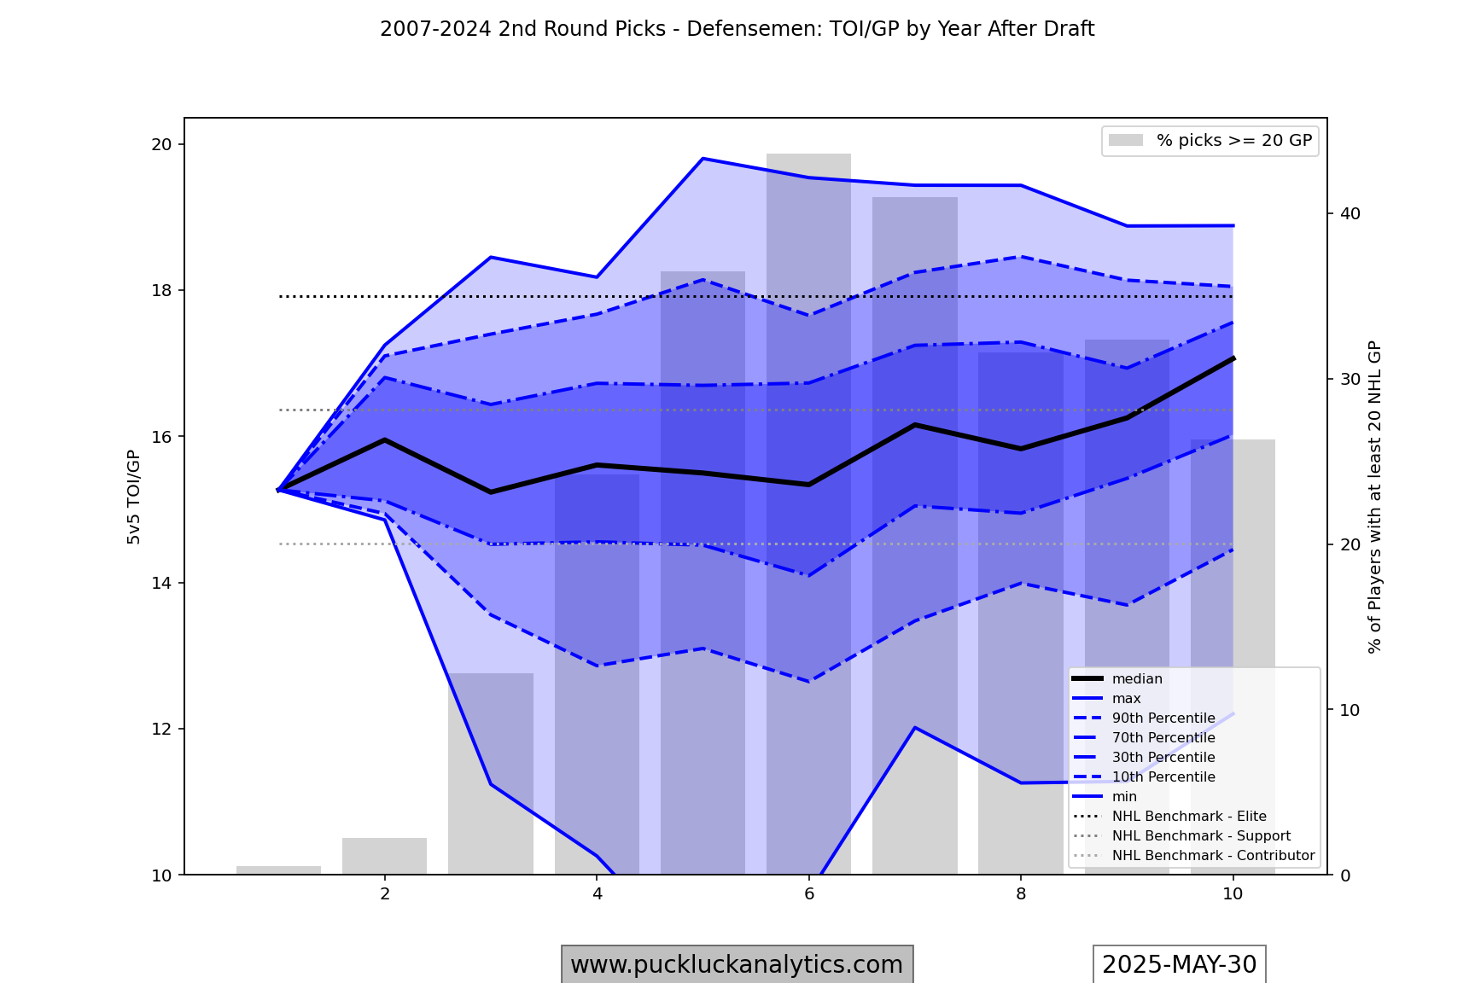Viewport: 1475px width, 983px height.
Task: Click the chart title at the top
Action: point(737,29)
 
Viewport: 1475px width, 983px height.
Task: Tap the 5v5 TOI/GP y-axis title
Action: point(134,497)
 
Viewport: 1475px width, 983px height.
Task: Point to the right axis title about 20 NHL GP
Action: point(1374,497)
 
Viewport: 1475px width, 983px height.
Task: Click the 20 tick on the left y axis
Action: point(161,144)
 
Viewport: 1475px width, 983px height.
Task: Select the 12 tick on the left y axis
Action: point(161,729)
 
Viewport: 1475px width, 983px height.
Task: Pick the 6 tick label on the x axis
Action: point(809,893)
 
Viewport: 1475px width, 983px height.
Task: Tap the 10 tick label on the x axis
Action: point(1233,893)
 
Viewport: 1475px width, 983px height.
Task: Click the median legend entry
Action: point(1137,679)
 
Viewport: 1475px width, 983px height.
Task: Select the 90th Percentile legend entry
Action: point(1163,718)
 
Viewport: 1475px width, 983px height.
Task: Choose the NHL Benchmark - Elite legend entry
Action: point(1188,817)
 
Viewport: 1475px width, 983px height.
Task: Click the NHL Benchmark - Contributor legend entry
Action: point(1212,856)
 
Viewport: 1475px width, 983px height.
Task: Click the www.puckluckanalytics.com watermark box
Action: point(737,964)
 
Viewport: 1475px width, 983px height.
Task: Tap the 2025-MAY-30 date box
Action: point(1179,964)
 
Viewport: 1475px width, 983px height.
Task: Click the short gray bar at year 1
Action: point(278,870)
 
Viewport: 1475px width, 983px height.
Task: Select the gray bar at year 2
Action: point(384,856)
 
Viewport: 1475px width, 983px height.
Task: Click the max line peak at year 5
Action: point(703,159)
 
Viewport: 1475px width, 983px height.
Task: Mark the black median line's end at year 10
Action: point(1233,358)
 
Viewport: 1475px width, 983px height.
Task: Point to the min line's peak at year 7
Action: point(914,727)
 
